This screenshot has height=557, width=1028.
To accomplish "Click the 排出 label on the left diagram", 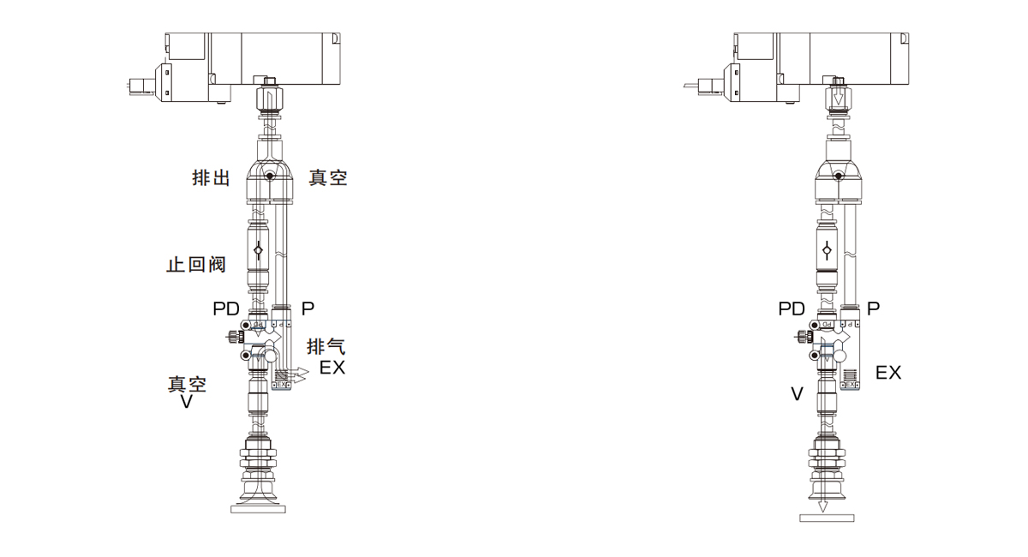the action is pos(211,177).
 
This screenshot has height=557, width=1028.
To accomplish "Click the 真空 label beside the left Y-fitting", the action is pos(327,177).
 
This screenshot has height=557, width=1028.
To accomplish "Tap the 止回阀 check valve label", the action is pos(196,265).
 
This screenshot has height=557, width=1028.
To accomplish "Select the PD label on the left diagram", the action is pos(226,309).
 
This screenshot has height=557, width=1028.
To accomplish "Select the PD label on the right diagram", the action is pos(792,309).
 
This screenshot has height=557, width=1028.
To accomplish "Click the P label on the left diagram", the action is pos(308,309).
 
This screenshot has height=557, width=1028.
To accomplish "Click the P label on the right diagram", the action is pos(873,309).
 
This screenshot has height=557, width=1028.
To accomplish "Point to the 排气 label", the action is pos(326,346).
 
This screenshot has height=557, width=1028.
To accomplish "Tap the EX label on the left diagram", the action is pos(332,368).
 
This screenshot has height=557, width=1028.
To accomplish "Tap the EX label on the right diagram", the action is pos(888,373).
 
